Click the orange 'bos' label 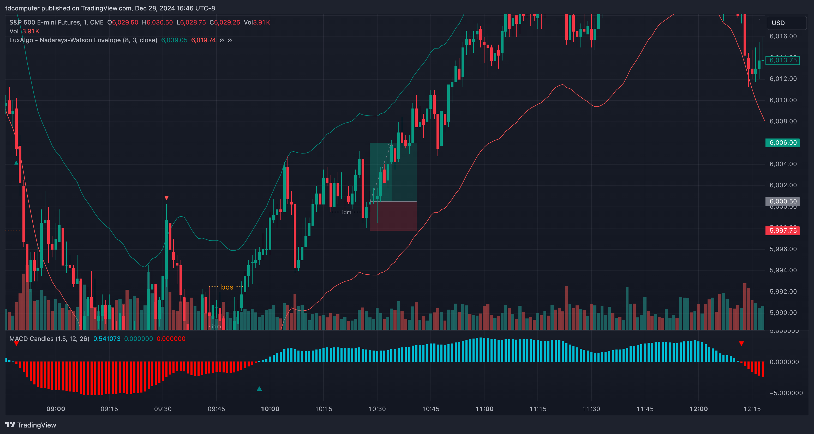[x=227, y=287]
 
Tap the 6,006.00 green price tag [x=783, y=143]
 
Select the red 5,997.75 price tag [x=783, y=231]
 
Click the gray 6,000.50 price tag [x=783, y=202]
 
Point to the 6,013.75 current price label [x=783, y=60]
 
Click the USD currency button [x=778, y=23]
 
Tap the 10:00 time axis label [x=270, y=409]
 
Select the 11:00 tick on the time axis [x=484, y=409]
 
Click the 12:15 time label [x=752, y=409]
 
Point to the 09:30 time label [x=163, y=409]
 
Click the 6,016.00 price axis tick [x=783, y=36]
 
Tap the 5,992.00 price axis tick [x=783, y=292]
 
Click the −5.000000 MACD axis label [x=786, y=393]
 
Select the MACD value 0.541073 [x=107, y=339]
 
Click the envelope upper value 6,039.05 [x=174, y=40]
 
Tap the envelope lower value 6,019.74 [x=203, y=40]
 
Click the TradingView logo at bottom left [x=31, y=425]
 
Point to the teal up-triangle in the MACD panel [x=259, y=389]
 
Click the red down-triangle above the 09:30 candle [x=166, y=198]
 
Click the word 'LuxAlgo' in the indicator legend [x=21, y=40]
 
